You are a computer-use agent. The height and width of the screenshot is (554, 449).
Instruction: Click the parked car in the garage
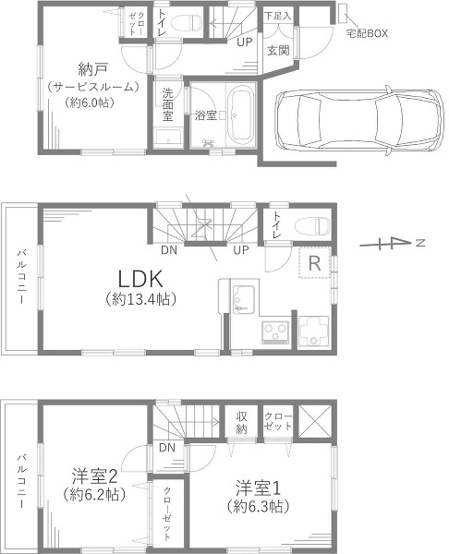point(358,121)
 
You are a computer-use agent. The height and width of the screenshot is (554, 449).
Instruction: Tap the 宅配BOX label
point(367,33)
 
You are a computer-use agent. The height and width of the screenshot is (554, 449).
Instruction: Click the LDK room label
point(140,279)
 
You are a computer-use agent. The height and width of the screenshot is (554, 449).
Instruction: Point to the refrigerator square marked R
point(315,262)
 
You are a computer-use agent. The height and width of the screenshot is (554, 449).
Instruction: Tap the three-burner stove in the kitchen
point(275,332)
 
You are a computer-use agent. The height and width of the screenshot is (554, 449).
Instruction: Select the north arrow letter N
point(420,243)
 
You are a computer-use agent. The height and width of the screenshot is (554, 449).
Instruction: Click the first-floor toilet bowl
point(186,23)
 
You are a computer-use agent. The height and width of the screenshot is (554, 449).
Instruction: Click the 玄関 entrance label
point(278,51)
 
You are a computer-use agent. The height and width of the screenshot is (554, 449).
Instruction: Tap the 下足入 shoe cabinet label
point(278,16)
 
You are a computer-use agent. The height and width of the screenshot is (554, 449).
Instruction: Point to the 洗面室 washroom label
point(167,104)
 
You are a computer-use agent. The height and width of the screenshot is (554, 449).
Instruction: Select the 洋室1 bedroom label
point(258,488)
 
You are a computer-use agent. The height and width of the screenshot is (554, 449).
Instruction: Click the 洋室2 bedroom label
point(94,476)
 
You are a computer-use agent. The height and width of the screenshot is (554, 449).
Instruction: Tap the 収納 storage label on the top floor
point(242,422)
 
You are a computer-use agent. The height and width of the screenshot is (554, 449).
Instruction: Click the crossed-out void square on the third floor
point(315,422)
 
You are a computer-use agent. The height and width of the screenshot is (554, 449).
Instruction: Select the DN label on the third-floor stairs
point(167,448)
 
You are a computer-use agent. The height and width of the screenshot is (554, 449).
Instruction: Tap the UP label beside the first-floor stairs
point(245,42)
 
